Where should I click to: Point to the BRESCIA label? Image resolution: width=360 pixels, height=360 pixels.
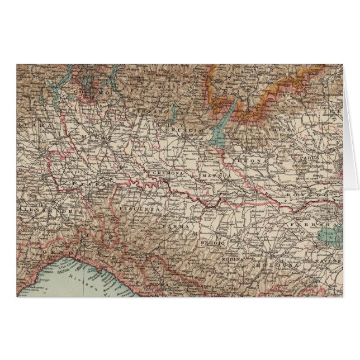point(177,130)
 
